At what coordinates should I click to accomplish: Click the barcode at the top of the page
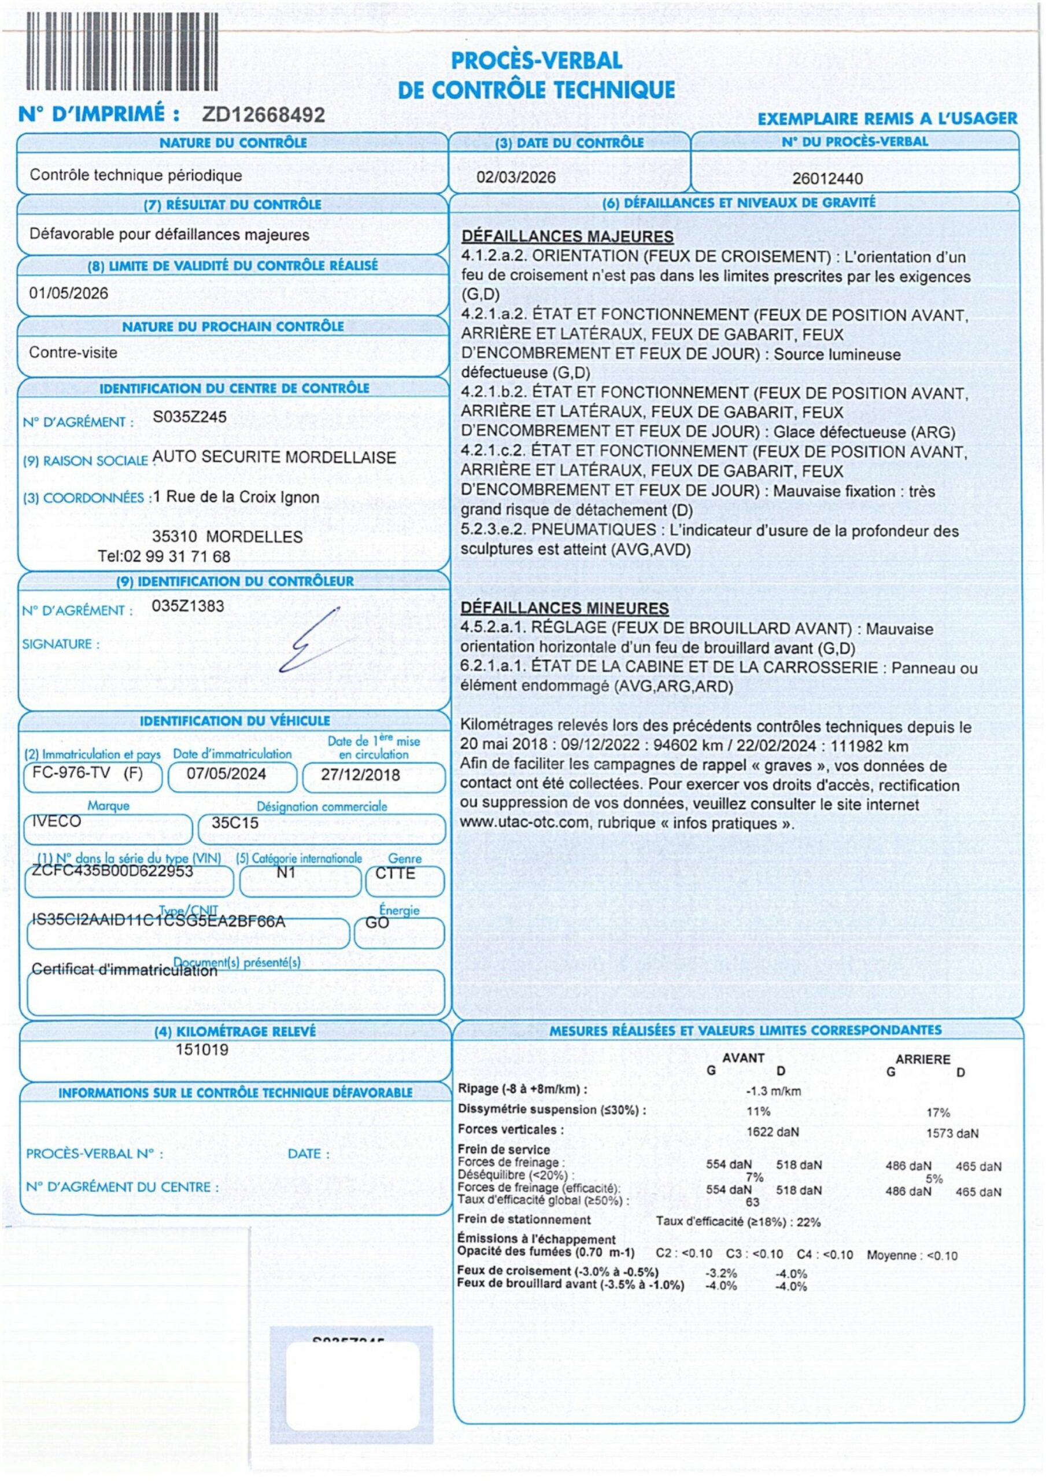pos(121,51)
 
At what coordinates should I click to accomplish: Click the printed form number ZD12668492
pos(263,115)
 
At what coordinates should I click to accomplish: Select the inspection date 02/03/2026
pos(515,178)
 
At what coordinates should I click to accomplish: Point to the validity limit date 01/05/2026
pos(68,293)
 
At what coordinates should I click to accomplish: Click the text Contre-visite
pos(73,353)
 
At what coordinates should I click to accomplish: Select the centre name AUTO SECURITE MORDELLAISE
pos(274,458)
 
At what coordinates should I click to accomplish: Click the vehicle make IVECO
pos(57,821)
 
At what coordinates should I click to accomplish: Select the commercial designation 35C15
pos(235,823)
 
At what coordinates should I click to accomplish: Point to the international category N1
pos(286,873)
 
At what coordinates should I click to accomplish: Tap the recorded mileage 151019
pos(202,1049)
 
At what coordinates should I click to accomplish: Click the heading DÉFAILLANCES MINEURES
pos(564,608)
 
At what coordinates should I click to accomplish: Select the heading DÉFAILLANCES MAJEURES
pos(567,237)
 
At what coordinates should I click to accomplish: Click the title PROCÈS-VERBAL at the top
pos(537,61)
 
